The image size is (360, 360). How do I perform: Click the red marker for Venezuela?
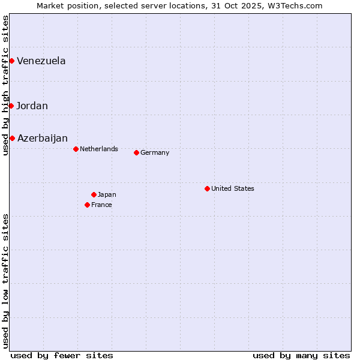(x=11, y=61)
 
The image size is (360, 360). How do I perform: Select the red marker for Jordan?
(x=11, y=106)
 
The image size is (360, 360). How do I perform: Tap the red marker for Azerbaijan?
(x=12, y=138)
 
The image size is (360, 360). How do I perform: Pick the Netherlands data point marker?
(x=76, y=149)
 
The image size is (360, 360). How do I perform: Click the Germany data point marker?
(x=136, y=152)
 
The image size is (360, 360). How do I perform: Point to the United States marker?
(x=207, y=188)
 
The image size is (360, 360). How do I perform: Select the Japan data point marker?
(x=94, y=194)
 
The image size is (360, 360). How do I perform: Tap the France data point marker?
(x=88, y=205)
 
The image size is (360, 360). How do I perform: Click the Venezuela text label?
(x=41, y=61)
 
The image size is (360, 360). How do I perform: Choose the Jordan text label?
(x=32, y=106)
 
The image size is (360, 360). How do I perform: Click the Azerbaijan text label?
(x=43, y=138)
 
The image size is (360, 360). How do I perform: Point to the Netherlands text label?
(x=99, y=149)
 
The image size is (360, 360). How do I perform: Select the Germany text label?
(x=155, y=152)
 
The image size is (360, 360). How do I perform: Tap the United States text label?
(x=233, y=188)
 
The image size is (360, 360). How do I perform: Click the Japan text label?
(x=107, y=194)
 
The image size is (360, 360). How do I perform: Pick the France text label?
(x=101, y=205)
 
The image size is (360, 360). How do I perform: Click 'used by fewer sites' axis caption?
(x=62, y=355)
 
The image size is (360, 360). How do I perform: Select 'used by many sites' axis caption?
(x=301, y=355)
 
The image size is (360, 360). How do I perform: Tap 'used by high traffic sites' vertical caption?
(x=5, y=85)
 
